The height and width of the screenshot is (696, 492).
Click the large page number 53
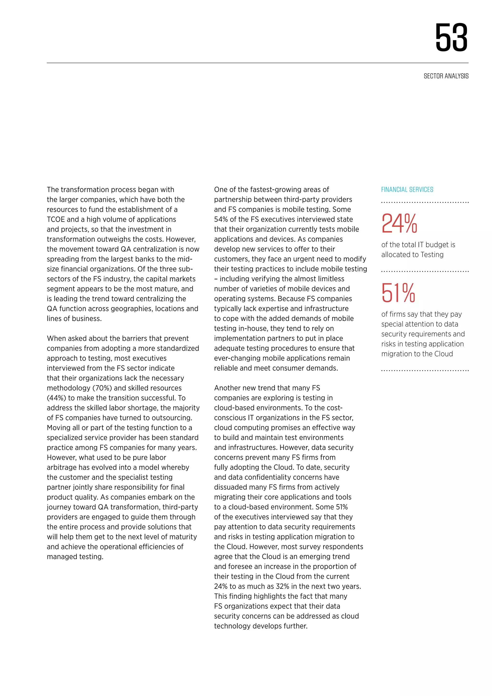[451, 38]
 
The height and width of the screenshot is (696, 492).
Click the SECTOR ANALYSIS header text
[446, 76]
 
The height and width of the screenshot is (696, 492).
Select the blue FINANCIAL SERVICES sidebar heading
[407, 190]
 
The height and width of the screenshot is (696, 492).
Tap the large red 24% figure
[399, 224]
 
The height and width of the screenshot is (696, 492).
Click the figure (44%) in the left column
[56, 398]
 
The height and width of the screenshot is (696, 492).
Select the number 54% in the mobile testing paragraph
[221, 219]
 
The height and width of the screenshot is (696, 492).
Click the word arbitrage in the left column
[61, 467]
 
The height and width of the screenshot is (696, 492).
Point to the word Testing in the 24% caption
[432, 255]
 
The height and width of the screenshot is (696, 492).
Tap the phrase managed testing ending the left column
[75, 557]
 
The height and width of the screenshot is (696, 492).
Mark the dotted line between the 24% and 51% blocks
[425, 271]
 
